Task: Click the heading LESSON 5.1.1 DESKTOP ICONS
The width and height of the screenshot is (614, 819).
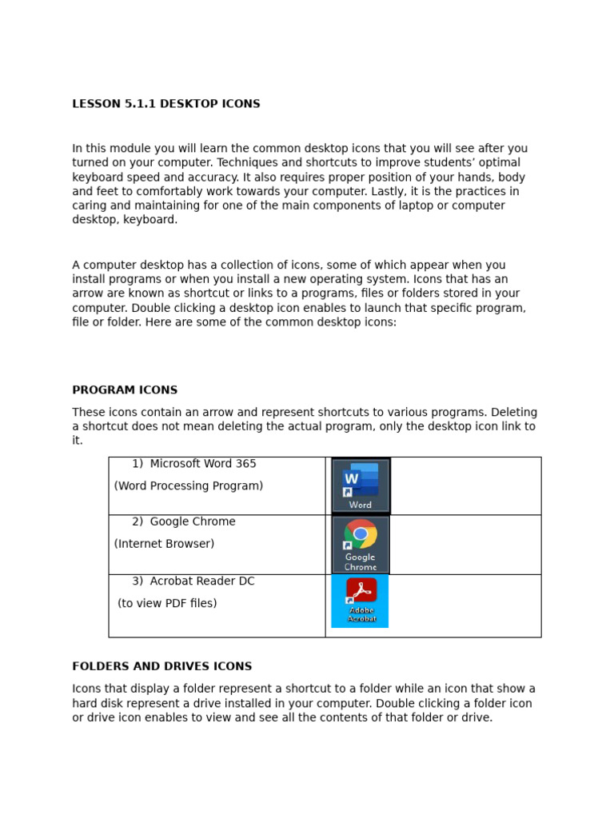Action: (x=165, y=104)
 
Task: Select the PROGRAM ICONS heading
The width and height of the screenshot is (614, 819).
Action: (x=125, y=390)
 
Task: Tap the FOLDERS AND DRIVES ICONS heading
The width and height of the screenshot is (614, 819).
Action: (x=161, y=666)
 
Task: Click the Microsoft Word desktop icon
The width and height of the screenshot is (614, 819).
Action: (x=361, y=485)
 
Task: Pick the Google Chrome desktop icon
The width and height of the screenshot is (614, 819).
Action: (x=361, y=544)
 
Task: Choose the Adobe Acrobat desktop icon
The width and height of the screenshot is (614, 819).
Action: (x=361, y=600)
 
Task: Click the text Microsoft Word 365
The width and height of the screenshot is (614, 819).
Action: (x=203, y=464)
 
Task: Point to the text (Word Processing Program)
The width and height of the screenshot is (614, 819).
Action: (x=189, y=486)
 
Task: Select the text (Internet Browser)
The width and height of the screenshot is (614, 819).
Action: (x=164, y=544)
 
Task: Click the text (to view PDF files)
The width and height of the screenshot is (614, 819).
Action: (x=167, y=604)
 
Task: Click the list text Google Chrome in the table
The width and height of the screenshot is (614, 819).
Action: (x=193, y=522)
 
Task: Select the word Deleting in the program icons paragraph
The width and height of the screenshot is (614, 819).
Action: (x=512, y=413)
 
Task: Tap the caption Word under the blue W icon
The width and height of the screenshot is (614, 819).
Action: (x=361, y=505)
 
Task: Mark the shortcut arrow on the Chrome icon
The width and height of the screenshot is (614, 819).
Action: (x=347, y=545)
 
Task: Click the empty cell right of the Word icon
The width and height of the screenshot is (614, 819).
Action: (x=465, y=485)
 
